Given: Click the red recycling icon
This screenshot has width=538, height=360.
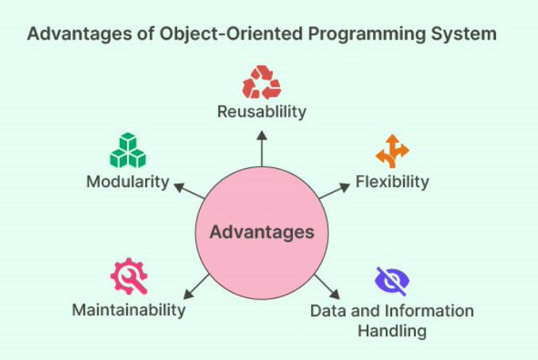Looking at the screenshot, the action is pos(262,82).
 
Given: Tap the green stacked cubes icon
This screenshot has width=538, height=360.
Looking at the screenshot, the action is pos(128,150).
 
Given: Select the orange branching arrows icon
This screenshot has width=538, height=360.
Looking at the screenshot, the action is pos(392,151).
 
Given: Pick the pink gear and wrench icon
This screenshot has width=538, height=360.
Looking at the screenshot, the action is pos(129,276).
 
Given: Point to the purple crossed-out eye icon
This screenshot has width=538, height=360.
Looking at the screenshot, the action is pos(392,281).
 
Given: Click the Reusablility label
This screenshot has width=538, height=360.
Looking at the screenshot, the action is pos(262,112).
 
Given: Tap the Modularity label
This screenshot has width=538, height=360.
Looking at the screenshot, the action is pos(128,182).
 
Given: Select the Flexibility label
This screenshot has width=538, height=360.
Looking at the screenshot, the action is pos(392,182).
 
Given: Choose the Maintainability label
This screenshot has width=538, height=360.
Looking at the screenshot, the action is pos(129,310).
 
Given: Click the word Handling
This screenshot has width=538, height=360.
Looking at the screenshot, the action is pos(392,331).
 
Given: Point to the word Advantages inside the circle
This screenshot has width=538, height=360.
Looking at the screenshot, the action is pos(262,232).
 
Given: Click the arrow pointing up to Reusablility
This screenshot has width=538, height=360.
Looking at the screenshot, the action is pos(262,149).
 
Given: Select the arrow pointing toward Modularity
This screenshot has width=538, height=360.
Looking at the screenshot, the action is pos(190,191).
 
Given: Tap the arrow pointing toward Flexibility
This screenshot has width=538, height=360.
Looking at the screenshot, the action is pos(334,191).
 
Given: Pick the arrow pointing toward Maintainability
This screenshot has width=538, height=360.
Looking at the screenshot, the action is pos(196,286).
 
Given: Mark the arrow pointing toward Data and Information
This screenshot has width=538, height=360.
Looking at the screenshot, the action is pos(327,286).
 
